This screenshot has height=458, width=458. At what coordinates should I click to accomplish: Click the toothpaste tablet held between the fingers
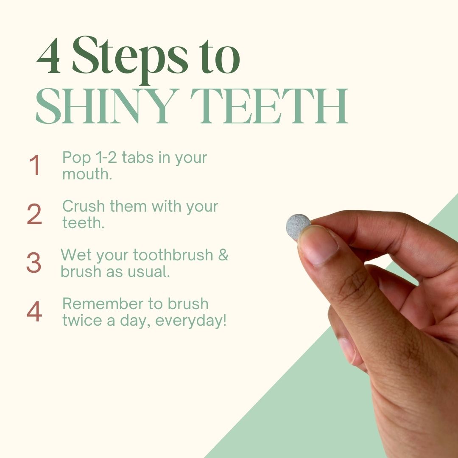click(298, 227)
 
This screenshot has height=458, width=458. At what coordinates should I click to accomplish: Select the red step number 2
click(34, 214)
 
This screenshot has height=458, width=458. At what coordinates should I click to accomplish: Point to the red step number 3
click(34, 263)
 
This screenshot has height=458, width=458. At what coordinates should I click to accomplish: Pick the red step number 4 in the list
click(34, 311)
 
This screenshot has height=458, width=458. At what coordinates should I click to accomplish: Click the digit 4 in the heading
click(48, 56)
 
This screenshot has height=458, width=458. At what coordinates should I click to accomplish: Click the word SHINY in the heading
click(107, 106)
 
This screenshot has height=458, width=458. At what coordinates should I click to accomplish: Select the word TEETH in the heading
click(269, 106)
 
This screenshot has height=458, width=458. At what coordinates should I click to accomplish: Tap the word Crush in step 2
click(84, 206)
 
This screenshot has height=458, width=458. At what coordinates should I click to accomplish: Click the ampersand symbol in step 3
click(223, 255)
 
